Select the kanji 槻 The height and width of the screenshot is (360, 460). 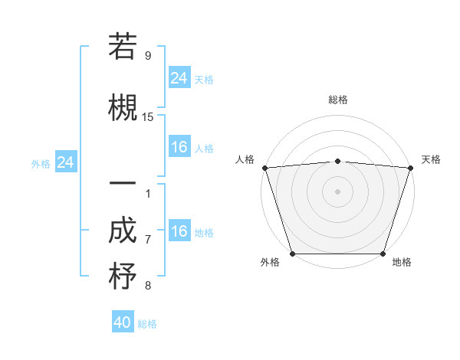point(123,106)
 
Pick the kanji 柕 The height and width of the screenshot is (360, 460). point(123,276)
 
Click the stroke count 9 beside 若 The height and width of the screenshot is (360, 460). point(148,55)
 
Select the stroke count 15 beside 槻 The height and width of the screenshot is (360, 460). point(148,116)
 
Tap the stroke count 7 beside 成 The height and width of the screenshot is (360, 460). point(148,240)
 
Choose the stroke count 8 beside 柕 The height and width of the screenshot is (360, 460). point(148,286)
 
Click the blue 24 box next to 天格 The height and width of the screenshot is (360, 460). point(179,78)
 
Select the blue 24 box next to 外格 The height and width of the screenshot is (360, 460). point(66,162)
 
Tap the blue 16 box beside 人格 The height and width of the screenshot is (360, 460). point(179,147)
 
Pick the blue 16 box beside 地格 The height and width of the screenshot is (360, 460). point(179,231)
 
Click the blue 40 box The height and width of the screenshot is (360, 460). point(123,322)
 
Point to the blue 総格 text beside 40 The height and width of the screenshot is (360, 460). point(147,324)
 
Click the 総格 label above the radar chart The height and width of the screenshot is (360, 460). point(337,100)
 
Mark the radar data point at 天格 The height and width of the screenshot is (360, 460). point(411,168)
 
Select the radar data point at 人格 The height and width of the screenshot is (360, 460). point(264,168)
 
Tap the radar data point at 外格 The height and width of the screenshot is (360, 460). point(292,254)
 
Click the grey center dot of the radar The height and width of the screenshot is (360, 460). point(337,191)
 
